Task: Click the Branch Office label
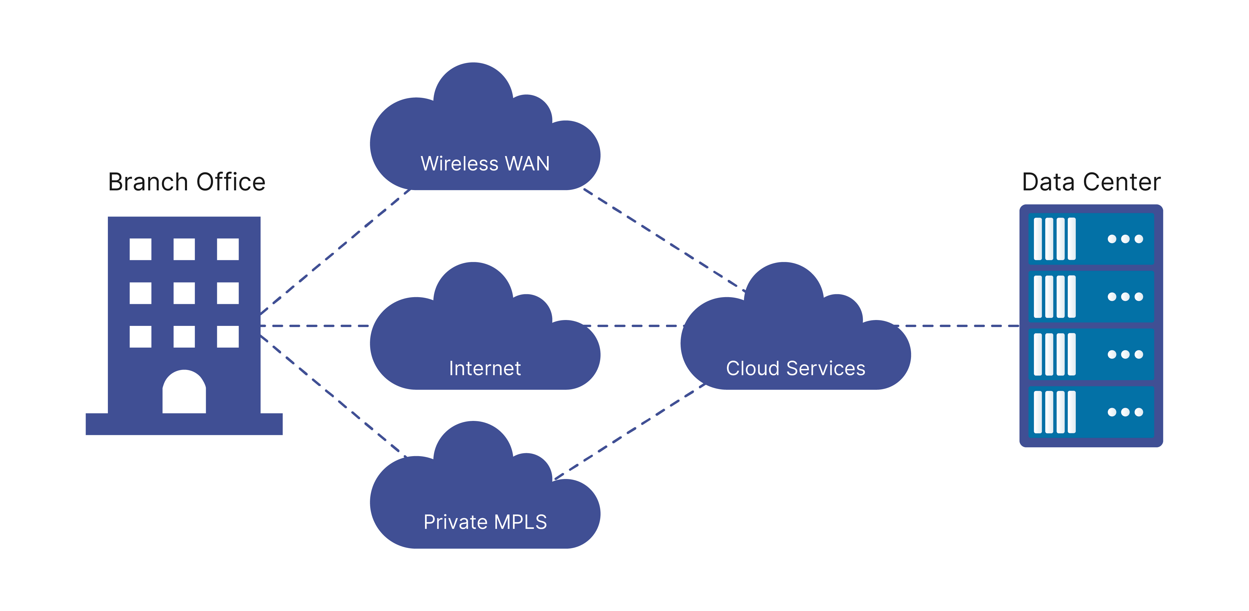(187, 182)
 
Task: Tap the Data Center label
(1091, 182)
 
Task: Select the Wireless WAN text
(485, 164)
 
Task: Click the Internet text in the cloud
(485, 368)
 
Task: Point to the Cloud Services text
(795, 368)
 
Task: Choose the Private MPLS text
(485, 522)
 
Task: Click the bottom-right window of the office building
(227, 337)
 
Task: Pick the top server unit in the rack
(1091, 239)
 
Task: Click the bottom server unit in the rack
(1091, 412)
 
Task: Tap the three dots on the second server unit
(1125, 297)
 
